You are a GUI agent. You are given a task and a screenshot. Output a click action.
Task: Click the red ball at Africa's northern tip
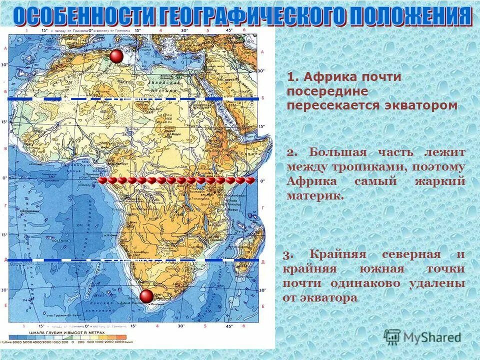coord(116,56)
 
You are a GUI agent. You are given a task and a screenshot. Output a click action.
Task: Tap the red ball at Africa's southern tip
coord(146,296)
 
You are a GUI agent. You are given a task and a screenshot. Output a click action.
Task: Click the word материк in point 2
coord(314,195)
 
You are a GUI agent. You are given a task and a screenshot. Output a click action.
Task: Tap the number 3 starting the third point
coord(286,255)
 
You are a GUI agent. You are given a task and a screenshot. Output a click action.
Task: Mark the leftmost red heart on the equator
coord(102,180)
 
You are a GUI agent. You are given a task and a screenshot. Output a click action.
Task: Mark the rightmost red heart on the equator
coord(250,180)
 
